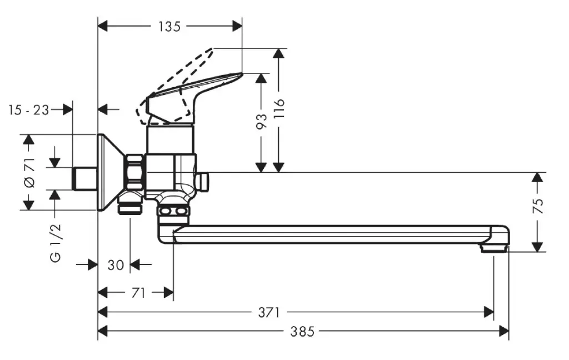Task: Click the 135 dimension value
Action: pyautogui.click(x=169, y=26)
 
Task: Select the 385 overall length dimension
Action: pyautogui.click(x=302, y=332)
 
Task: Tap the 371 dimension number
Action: pyautogui.click(x=269, y=312)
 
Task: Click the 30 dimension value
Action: pyautogui.click(x=116, y=265)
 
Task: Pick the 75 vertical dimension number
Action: pyautogui.click(x=538, y=206)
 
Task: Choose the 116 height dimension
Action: pyautogui.click(x=279, y=110)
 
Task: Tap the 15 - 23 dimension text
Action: pyautogui.click(x=29, y=109)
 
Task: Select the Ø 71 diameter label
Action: pyautogui.click(x=29, y=172)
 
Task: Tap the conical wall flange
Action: pyautogui.click(x=108, y=172)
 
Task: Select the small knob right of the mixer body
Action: pyautogui.click(x=204, y=180)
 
